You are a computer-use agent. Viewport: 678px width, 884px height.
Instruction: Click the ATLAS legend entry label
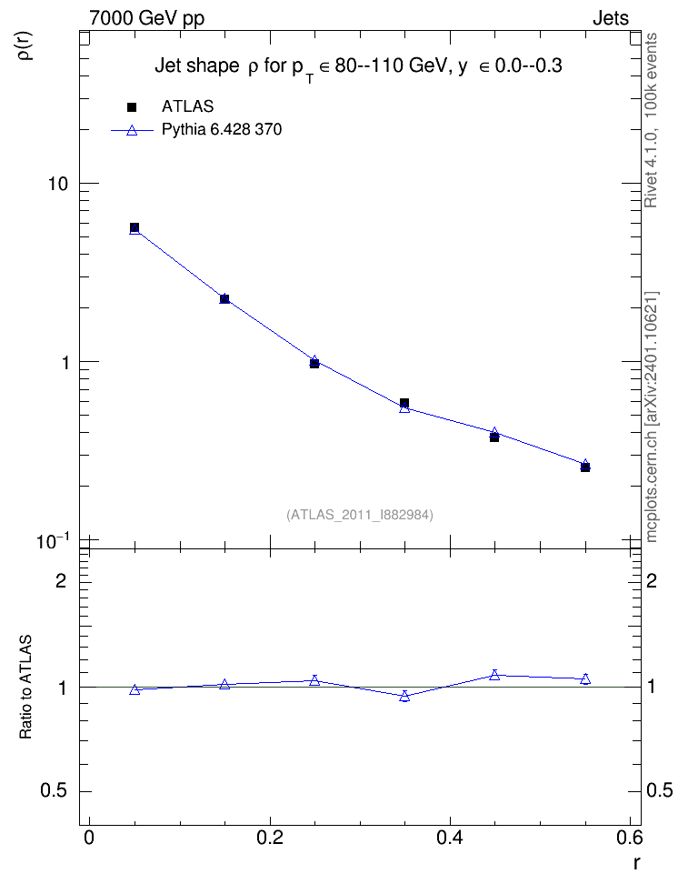click(x=187, y=106)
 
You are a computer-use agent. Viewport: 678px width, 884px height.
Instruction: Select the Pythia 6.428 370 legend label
click(x=222, y=130)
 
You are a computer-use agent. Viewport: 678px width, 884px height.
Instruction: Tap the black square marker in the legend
click(x=132, y=106)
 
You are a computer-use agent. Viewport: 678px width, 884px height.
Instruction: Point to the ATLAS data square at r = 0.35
click(x=404, y=403)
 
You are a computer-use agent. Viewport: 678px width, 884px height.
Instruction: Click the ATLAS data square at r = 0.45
click(x=494, y=437)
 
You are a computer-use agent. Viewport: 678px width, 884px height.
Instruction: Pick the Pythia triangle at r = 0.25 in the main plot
click(x=314, y=360)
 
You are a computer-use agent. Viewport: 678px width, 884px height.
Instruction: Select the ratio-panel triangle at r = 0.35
click(x=404, y=697)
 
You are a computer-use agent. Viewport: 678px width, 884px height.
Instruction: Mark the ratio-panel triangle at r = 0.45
click(x=494, y=675)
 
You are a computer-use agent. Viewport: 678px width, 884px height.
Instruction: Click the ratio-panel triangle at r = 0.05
click(x=135, y=689)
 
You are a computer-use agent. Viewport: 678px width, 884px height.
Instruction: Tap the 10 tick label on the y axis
click(x=57, y=184)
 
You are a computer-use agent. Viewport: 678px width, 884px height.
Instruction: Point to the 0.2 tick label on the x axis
click(x=270, y=838)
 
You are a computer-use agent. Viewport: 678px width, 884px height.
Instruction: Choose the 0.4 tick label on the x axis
click(x=450, y=838)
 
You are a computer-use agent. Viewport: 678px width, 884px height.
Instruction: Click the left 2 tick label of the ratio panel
click(x=61, y=580)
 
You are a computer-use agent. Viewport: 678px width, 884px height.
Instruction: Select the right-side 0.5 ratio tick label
click(x=659, y=790)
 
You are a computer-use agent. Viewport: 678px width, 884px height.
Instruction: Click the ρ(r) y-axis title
click(x=25, y=45)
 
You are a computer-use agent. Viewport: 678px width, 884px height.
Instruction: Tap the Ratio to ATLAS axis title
click(x=25, y=688)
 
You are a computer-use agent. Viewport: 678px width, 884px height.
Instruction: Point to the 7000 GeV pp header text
click(x=146, y=18)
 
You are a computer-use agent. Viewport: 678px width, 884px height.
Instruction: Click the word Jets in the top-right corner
click(x=611, y=18)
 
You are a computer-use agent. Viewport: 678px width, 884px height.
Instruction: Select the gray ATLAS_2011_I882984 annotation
click(x=360, y=515)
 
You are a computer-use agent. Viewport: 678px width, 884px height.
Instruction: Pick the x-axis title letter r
click(x=636, y=863)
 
